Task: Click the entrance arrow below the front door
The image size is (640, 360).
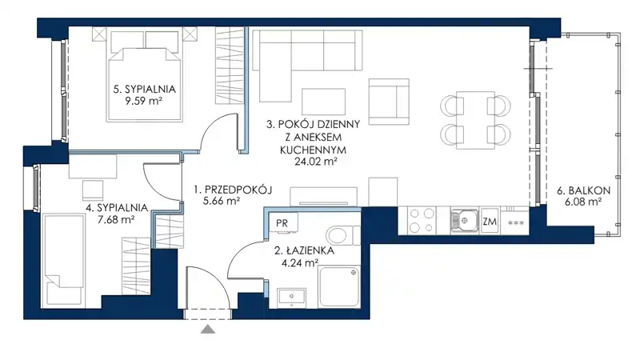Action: (x=208, y=329)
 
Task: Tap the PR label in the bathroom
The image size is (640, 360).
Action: (x=282, y=223)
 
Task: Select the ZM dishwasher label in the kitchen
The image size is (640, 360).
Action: (x=490, y=222)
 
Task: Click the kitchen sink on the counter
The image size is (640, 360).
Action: (x=464, y=222)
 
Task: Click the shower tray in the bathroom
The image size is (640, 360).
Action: (x=339, y=286)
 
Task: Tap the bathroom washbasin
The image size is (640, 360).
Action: (x=291, y=297)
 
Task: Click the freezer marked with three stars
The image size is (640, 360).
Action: (x=515, y=223)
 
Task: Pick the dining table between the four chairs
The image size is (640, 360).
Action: (x=475, y=120)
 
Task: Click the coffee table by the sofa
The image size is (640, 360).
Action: (x=323, y=102)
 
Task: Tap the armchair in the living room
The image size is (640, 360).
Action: (x=389, y=102)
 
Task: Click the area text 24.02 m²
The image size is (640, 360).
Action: (x=316, y=162)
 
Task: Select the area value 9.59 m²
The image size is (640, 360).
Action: (x=144, y=101)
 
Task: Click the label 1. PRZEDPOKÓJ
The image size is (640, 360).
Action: (x=233, y=190)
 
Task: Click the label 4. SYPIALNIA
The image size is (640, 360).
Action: (x=117, y=208)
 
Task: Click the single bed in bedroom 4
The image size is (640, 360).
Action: (x=64, y=258)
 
